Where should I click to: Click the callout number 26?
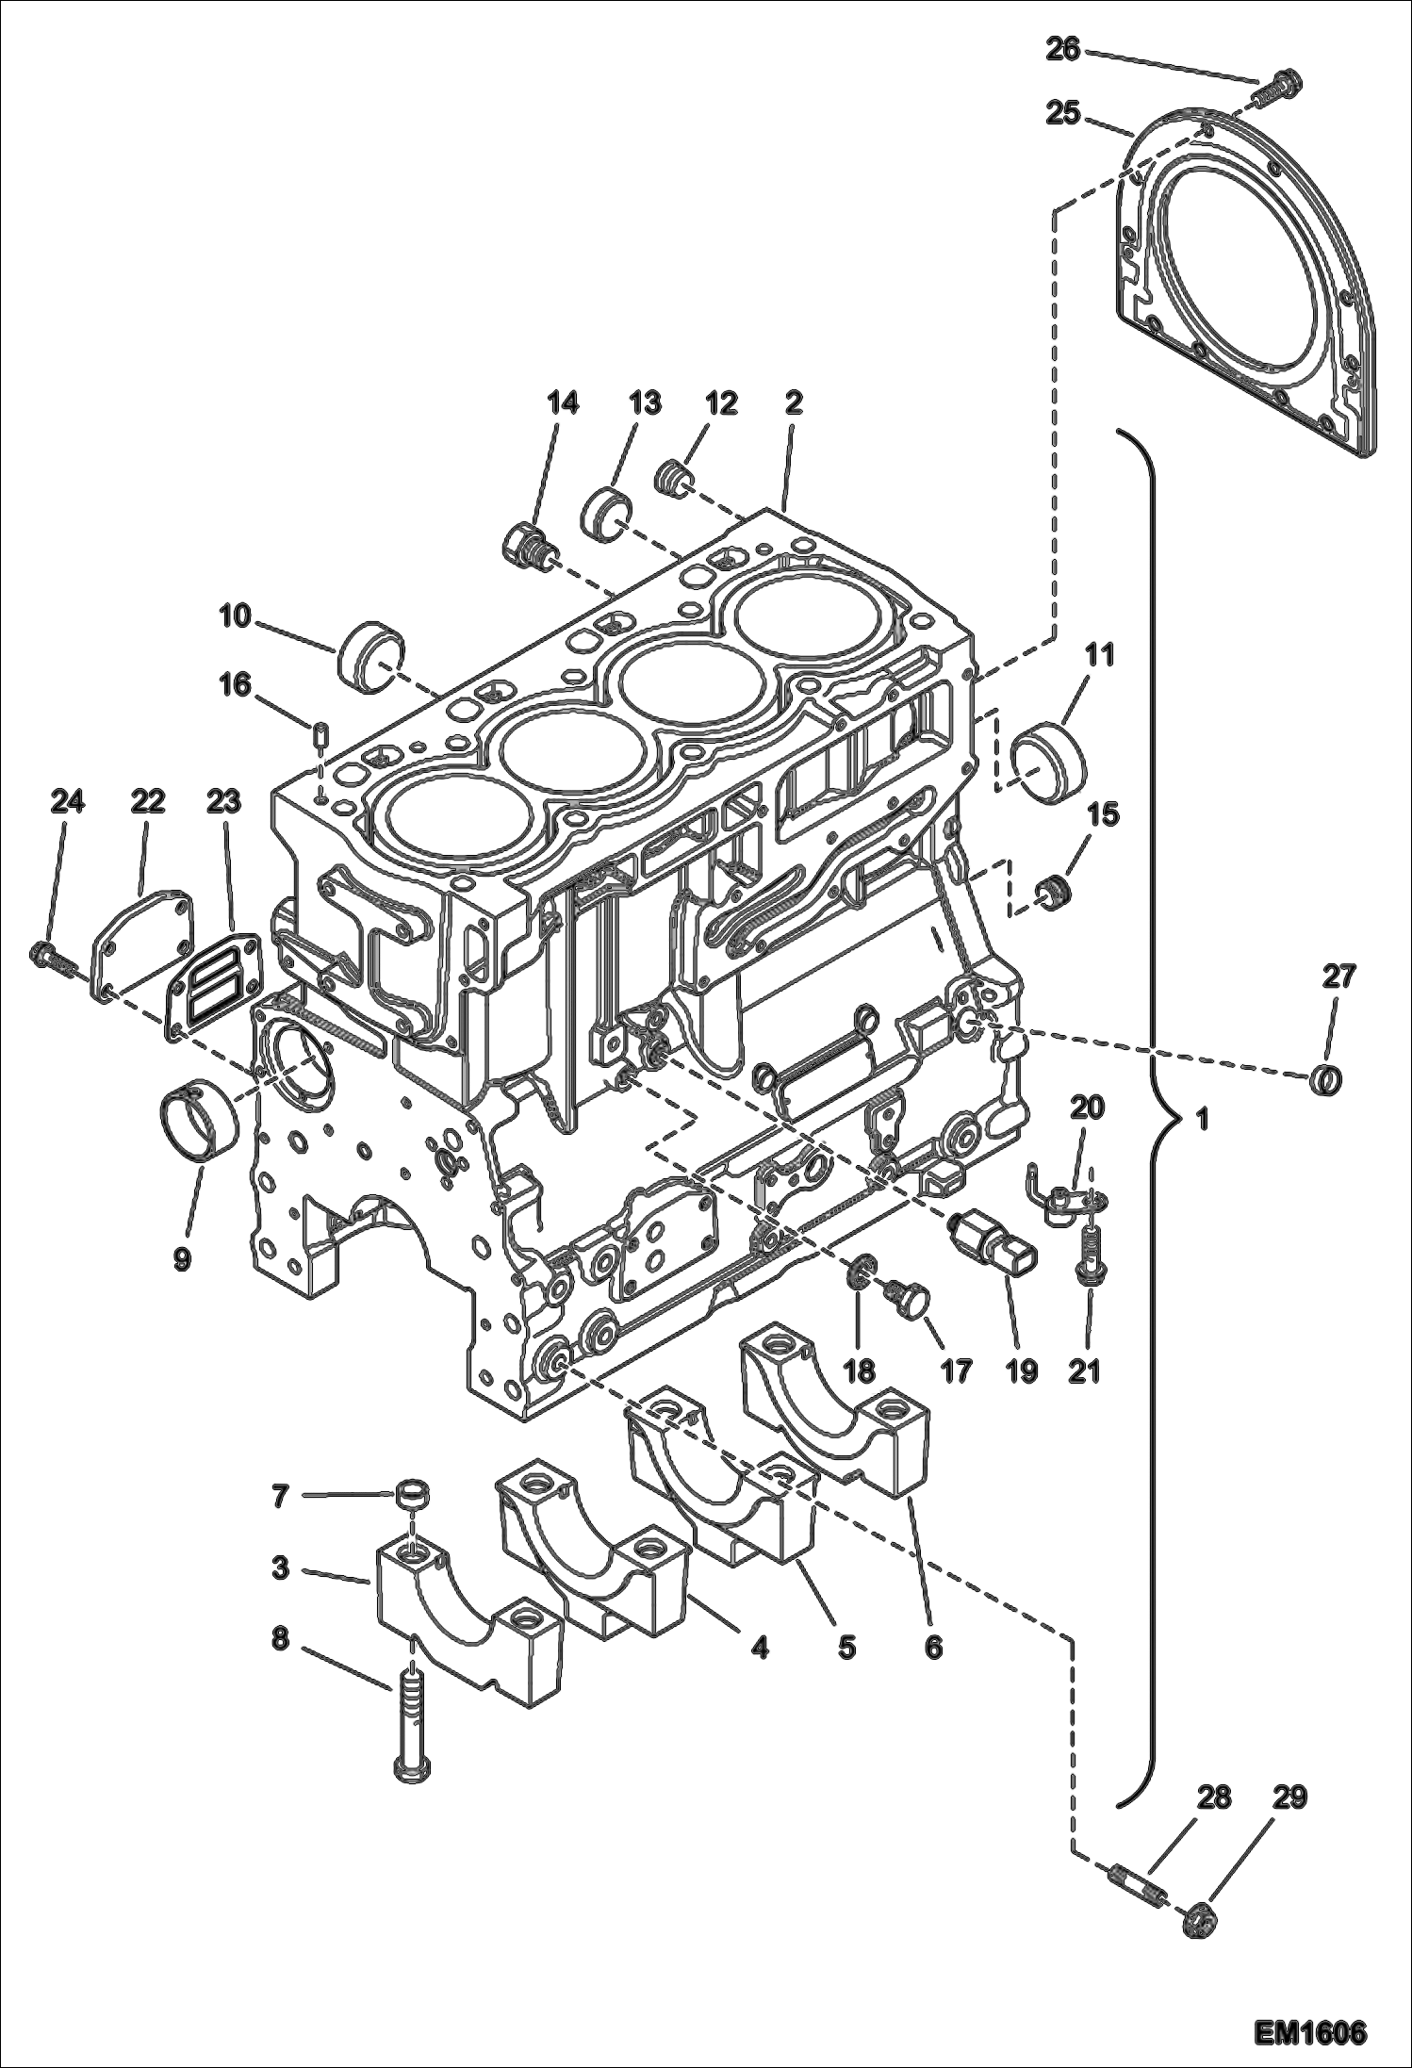(x=1063, y=50)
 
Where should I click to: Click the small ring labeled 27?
(x=1326, y=1080)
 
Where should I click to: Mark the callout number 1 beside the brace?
(x=1201, y=1121)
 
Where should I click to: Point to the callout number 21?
(x=1084, y=1372)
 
